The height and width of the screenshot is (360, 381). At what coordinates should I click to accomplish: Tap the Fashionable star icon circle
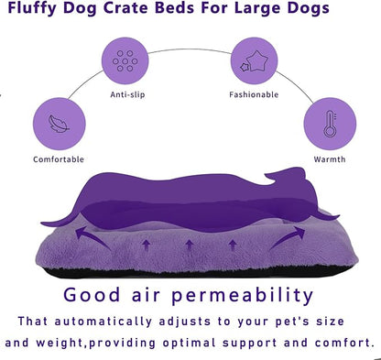point(253,60)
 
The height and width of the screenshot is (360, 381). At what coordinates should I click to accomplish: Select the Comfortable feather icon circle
point(59,125)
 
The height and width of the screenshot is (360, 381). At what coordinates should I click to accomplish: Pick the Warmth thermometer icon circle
point(328,125)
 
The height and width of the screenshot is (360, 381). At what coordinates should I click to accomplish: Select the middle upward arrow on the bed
point(189,245)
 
